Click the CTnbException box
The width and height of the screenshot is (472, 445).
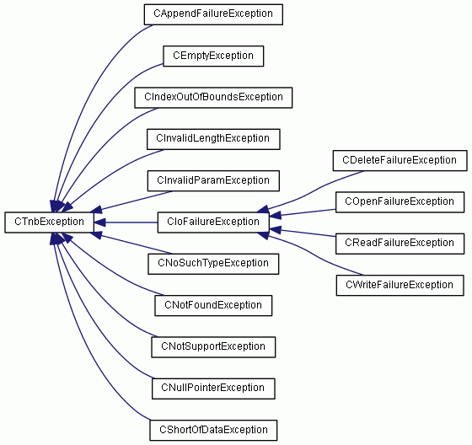50,222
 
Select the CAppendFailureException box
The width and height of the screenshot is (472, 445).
213,14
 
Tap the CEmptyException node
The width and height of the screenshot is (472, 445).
213,56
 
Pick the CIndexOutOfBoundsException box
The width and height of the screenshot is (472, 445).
213,98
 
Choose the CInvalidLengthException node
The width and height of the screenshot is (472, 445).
213,139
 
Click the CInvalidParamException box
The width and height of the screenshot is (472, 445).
213,180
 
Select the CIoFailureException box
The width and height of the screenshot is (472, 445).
213,222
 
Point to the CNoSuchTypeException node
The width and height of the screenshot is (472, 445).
213,264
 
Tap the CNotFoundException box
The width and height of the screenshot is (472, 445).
213,306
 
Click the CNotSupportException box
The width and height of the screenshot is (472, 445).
213,347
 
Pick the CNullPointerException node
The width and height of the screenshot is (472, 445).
213,389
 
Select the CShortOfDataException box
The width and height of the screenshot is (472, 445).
213,430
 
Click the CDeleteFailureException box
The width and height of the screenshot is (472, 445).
400,160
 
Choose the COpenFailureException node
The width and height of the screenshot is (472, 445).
400,202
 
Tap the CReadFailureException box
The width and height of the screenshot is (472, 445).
400,244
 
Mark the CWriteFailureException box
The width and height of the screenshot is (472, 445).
400,285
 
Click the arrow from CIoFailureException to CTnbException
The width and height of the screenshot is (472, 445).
126,222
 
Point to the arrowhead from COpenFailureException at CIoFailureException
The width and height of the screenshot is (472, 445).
276,215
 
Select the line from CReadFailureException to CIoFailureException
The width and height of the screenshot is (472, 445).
303,233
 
